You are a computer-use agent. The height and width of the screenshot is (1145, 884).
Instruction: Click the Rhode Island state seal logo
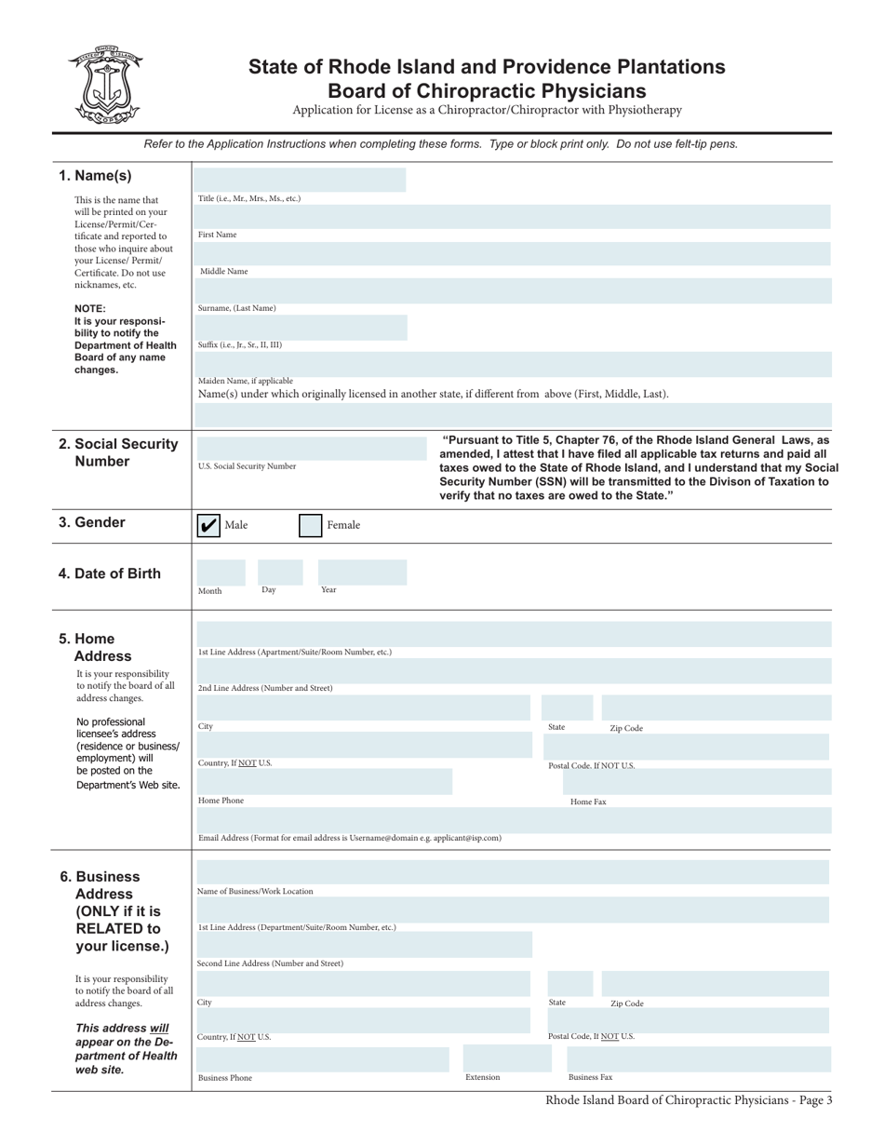coord(104,85)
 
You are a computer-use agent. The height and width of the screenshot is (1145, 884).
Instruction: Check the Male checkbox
coord(208,526)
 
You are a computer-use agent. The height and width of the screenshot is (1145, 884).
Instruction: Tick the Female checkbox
coord(310,526)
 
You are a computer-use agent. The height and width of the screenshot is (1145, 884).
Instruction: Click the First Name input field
coord(512,218)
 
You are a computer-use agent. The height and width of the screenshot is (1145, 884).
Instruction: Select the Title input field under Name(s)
coord(300,181)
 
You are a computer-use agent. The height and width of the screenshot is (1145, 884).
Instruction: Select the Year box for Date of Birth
coord(362,572)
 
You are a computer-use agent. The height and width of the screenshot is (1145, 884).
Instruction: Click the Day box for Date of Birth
coord(280,572)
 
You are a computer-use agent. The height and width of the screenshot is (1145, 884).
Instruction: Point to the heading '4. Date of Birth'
coord(110,573)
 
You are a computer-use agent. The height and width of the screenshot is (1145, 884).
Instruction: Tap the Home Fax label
coord(588,801)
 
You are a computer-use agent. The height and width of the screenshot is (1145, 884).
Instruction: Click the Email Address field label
coord(350,838)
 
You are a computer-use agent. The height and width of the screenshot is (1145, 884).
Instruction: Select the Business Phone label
coord(225,1078)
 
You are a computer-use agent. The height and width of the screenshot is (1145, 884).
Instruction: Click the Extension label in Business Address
coord(483,1077)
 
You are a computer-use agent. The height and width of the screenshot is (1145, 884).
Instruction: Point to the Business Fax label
coord(591,1077)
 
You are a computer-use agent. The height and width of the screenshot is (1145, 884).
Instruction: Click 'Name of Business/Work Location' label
coord(256,891)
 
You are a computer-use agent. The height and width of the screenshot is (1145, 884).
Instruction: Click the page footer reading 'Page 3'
coord(689,1100)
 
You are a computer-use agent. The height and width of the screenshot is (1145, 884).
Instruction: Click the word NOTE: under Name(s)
coord(90,309)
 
